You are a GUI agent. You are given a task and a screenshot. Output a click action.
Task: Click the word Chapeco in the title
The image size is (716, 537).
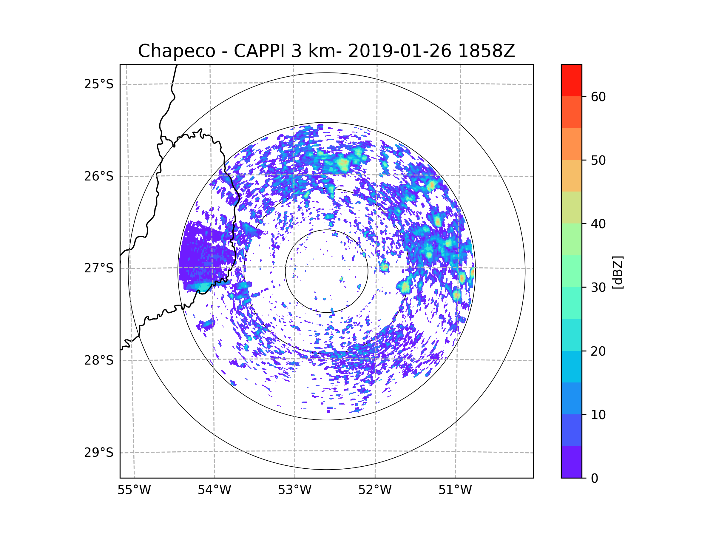point(176,51)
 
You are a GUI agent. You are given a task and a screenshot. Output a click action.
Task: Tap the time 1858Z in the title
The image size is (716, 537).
point(486,51)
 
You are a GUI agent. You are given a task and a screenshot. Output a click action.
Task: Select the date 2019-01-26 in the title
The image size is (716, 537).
point(399,51)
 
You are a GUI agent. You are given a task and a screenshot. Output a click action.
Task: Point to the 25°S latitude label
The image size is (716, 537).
point(99,84)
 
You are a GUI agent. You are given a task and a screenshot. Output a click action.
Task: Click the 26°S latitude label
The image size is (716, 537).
point(99,176)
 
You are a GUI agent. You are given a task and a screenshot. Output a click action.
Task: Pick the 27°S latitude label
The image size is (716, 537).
point(99,268)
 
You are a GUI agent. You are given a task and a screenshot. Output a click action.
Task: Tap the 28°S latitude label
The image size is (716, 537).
point(99,360)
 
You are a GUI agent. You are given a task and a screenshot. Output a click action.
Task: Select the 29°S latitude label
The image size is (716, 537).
point(99,453)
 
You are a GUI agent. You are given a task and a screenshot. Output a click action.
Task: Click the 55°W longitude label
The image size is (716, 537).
point(134,490)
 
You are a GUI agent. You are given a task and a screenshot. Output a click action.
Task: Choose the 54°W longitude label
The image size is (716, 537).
point(214,490)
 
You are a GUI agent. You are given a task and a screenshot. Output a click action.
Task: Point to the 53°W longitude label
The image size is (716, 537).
point(294,490)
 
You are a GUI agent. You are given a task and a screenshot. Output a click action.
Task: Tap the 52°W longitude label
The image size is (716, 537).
point(375,490)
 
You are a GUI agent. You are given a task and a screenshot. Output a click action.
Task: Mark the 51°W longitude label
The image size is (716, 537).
point(455,490)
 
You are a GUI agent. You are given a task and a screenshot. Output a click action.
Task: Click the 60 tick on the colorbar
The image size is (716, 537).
point(598,97)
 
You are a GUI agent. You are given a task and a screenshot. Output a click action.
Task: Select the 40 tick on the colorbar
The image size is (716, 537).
point(598,224)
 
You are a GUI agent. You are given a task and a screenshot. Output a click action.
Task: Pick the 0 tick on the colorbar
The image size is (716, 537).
point(595,479)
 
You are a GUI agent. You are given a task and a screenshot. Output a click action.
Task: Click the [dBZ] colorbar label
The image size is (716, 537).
point(618,272)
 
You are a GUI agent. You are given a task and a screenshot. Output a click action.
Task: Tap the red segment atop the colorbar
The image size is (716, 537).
point(571,80)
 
